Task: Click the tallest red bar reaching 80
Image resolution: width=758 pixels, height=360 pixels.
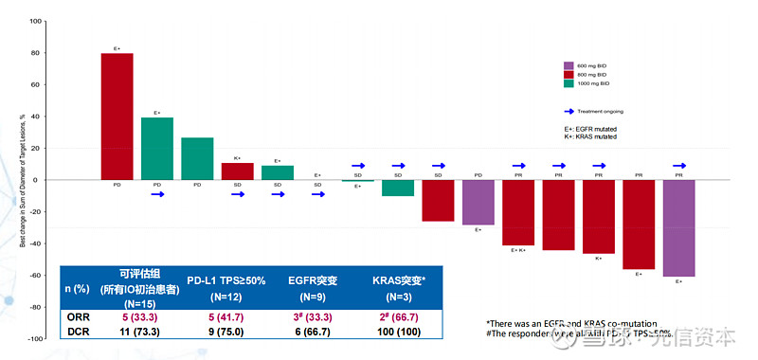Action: (x=117, y=116)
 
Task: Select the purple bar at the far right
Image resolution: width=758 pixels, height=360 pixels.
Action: (x=678, y=227)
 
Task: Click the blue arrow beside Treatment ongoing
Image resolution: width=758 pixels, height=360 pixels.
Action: (x=570, y=111)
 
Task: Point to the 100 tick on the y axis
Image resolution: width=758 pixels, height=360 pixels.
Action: (x=35, y=21)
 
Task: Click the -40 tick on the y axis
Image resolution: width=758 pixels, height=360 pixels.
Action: (x=34, y=243)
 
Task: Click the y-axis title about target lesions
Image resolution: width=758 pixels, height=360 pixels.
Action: (x=22, y=179)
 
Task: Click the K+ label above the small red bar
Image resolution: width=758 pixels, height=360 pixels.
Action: (x=237, y=158)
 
